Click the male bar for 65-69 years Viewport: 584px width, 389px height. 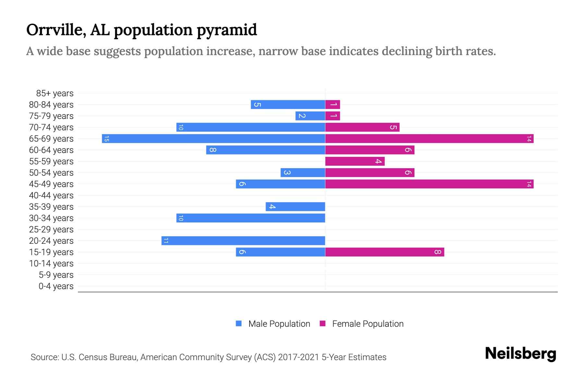pyautogui.click(x=213, y=139)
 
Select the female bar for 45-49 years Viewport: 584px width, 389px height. pyautogui.click(x=429, y=184)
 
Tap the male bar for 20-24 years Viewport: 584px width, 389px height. pyautogui.click(x=243, y=241)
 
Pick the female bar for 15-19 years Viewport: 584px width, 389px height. pyautogui.click(x=384, y=252)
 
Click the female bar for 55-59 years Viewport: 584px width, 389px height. pyautogui.click(x=355, y=161)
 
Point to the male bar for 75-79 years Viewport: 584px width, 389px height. pyautogui.click(x=310, y=116)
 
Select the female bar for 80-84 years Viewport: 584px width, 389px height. pyautogui.click(x=333, y=105)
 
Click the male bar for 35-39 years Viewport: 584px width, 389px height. pyautogui.click(x=295, y=207)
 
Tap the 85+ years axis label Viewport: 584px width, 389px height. pyautogui.click(x=55, y=93)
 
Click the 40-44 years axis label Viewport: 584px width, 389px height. pyautogui.click(x=51, y=195)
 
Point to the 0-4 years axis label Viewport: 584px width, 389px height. pyautogui.click(x=56, y=286)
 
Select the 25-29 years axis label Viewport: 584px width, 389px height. pyautogui.click(x=51, y=230)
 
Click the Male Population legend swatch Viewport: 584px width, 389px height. pyautogui.click(x=239, y=324)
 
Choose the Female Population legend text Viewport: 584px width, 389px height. pyautogui.click(x=368, y=324)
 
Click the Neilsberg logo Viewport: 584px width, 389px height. pyautogui.click(x=520, y=354)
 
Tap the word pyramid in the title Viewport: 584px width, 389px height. pyautogui.click(x=227, y=30)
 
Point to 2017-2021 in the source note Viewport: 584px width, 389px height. pyautogui.click(x=298, y=357)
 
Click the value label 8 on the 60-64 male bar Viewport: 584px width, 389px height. pyautogui.click(x=213, y=150)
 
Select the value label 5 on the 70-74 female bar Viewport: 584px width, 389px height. pyautogui.click(x=393, y=127)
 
